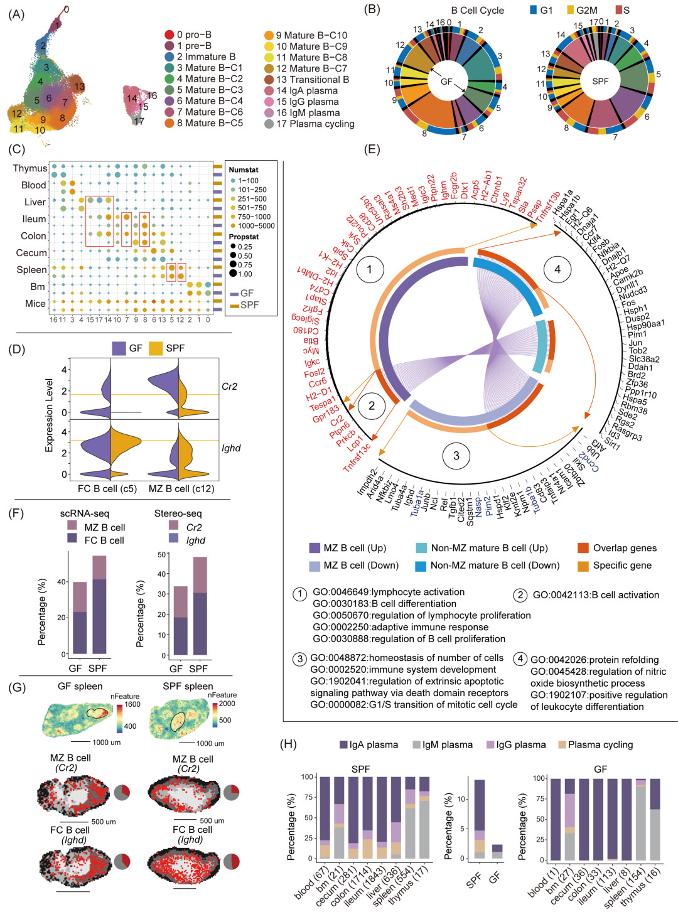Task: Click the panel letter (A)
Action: tap(16, 14)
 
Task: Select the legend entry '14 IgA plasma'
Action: tap(306, 90)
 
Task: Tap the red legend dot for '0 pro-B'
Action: tap(169, 35)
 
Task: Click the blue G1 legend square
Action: tap(533, 10)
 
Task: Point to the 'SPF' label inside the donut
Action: tap(600, 81)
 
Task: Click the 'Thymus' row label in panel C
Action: tap(30, 168)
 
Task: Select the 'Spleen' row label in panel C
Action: tap(31, 269)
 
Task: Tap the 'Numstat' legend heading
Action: tap(244, 169)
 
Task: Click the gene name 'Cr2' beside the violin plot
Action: tap(229, 386)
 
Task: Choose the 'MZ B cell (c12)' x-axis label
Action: tap(181, 488)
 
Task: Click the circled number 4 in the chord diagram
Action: tap(557, 270)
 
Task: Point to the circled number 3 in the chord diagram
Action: tap(456, 456)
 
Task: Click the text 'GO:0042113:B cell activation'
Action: tap(596, 595)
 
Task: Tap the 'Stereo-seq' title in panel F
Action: tap(178, 513)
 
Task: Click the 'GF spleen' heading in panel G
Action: tap(80, 686)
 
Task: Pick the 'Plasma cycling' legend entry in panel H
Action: tap(600, 744)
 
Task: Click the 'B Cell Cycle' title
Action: tap(477, 10)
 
